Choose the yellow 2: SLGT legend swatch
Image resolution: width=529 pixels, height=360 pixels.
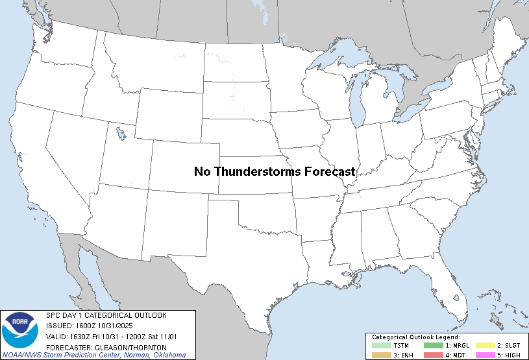487,346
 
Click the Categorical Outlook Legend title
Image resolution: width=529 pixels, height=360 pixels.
415,338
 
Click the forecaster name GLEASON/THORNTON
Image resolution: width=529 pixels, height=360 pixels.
123,346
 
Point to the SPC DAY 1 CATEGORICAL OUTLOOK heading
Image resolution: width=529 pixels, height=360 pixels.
106,315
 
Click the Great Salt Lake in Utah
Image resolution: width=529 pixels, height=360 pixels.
121,134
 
